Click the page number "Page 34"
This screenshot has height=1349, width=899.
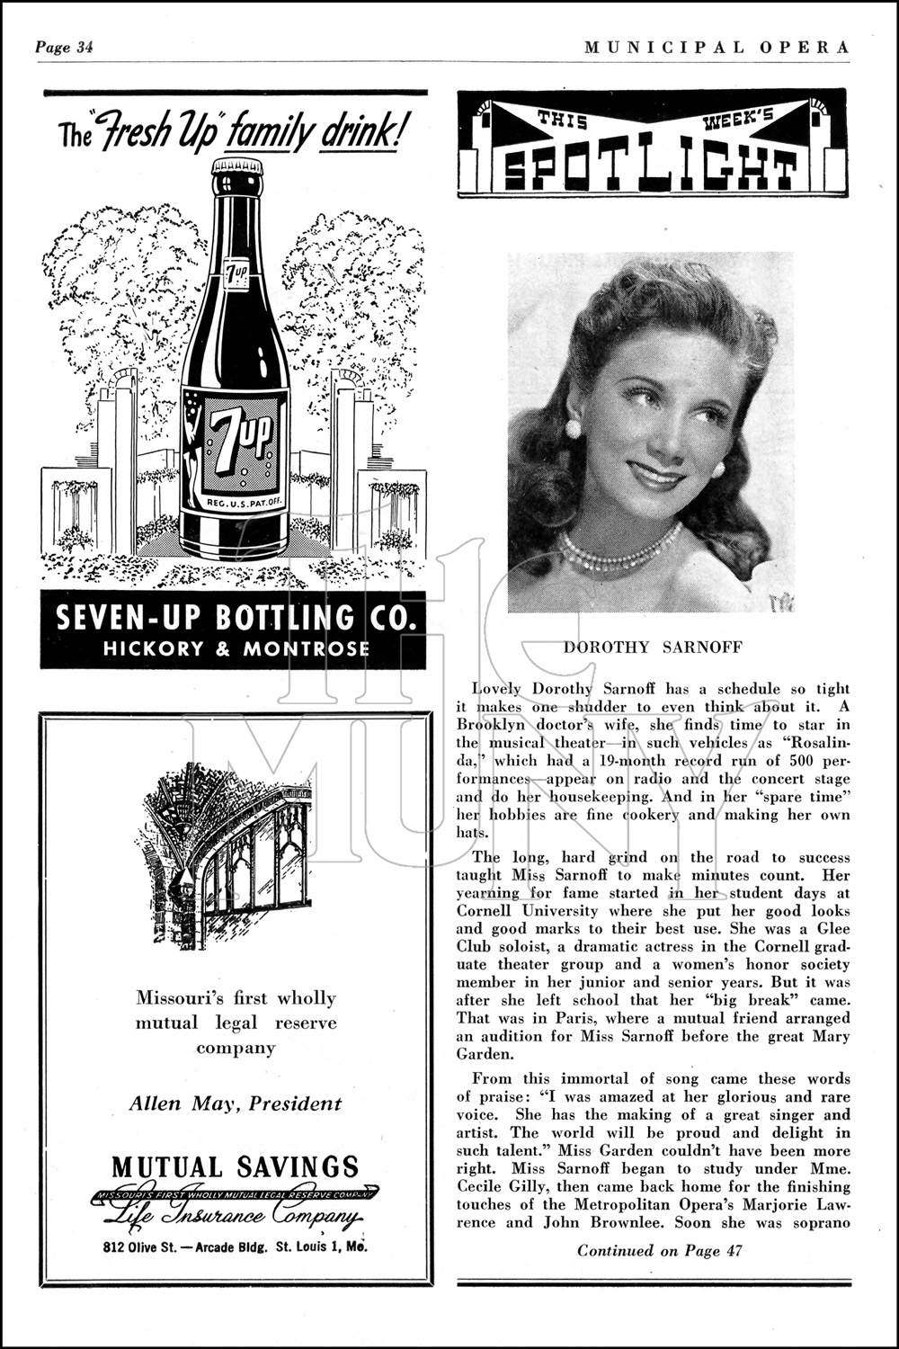64,48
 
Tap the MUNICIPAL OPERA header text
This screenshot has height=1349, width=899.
717,48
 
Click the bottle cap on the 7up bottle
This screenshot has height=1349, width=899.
236,167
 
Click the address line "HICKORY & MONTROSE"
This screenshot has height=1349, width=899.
236,648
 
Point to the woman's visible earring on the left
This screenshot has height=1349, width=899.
572,428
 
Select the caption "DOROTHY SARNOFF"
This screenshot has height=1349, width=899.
653,647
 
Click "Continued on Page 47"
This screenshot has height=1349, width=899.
660,1250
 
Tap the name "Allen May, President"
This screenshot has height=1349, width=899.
236,1103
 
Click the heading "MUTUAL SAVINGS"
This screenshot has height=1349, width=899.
235,1167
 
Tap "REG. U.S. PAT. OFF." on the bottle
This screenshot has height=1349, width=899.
235,505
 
